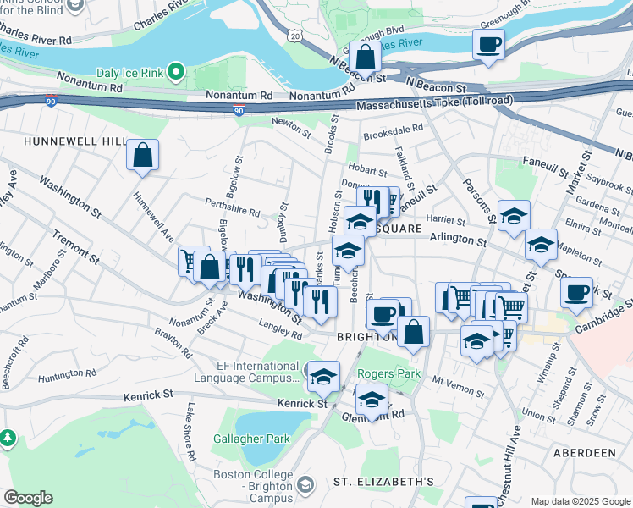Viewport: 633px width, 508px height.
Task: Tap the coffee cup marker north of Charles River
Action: click(489, 45)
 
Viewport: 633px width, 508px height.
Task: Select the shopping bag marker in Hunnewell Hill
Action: click(142, 156)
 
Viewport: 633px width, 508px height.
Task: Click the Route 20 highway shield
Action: click(294, 35)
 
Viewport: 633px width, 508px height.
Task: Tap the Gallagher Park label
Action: click(252, 439)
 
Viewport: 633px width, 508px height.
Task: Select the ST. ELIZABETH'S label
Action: click(383, 482)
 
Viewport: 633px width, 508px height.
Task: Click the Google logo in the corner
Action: click(28, 498)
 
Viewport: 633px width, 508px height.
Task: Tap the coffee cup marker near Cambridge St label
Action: click(576, 293)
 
